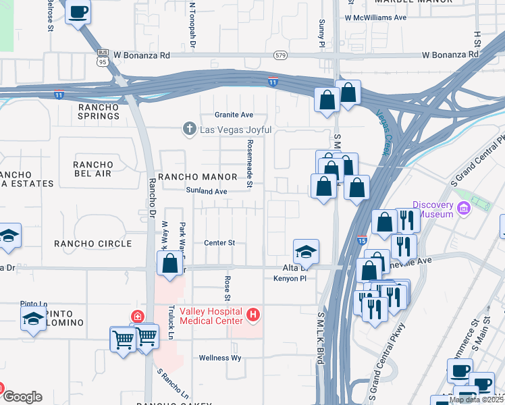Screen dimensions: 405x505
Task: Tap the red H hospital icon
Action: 253,314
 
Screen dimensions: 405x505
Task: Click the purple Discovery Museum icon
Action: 463,209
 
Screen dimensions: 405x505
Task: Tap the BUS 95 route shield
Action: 103,55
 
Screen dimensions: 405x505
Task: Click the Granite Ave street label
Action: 234,115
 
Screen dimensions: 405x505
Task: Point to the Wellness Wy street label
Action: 219,358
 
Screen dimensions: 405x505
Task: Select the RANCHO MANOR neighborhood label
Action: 197,177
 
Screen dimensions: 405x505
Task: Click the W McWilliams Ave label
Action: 375,18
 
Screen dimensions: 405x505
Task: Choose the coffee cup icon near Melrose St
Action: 78,11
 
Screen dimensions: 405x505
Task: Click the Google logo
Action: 22,397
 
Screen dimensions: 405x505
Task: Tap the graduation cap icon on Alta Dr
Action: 306,251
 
